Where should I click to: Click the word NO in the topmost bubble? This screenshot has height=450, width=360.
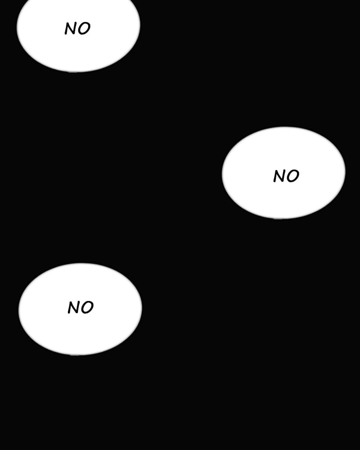(x=77, y=29)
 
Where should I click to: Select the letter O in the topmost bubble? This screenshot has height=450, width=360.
(x=84, y=29)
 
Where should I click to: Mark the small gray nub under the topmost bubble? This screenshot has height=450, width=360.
(x=73, y=71)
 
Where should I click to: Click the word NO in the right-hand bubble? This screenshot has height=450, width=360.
(x=286, y=176)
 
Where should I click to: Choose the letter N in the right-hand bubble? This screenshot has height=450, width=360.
(x=279, y=176)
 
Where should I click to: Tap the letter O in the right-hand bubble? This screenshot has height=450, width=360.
(x=293, y=176)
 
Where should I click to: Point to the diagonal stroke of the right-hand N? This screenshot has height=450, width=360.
(x=279, y=176)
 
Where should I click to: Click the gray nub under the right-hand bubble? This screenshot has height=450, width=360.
(x=278, y=218)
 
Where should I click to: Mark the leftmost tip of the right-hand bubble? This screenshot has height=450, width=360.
(x=223, y=173)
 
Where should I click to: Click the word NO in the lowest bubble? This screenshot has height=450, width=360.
(x=81, y=308)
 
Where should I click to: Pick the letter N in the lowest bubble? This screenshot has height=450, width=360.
(x=74, y=308)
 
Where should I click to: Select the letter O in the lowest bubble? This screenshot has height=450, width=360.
(x=87, y=308)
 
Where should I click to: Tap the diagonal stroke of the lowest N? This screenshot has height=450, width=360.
(x=74, y=308)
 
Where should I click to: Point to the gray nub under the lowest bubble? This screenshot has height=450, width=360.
(x=75, y=354)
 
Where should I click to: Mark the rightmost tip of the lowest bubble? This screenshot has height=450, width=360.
(x=141, y=309)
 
